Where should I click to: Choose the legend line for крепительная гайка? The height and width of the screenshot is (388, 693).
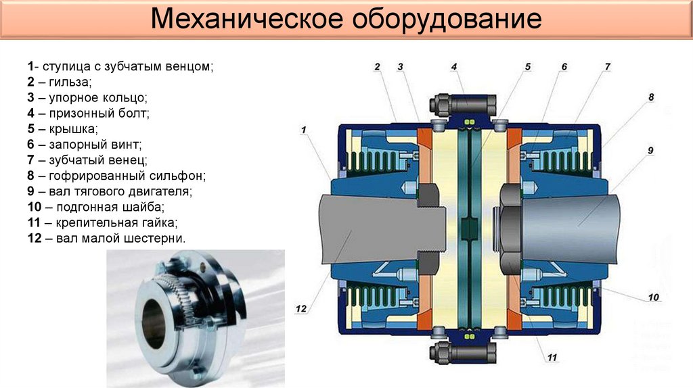(102, 222)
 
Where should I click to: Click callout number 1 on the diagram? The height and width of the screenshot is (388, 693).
(304, 128)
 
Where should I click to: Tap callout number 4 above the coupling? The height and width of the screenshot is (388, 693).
(454, 66)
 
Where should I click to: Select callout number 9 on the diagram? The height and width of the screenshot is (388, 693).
(650, 150)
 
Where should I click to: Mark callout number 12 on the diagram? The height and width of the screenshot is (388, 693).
(301, 309)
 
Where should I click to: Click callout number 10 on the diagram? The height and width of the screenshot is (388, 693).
(652, 296)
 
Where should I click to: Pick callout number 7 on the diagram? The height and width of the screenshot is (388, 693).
(607, 66)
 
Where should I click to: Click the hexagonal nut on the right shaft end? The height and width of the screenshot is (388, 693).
(509, 229)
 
